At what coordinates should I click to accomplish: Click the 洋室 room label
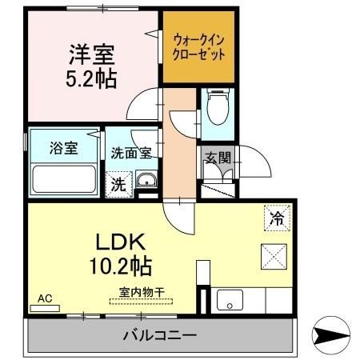click(92, 55)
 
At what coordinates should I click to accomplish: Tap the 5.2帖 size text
click(91, 79)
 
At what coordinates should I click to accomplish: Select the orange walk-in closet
click(198, 46)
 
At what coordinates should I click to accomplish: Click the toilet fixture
click(218, 107)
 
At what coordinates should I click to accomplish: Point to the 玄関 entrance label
click(218, 158)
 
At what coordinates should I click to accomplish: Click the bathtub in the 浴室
click(64, 179)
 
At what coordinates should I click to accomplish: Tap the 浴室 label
click(64, 148)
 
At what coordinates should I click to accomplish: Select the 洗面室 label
click(131, 153)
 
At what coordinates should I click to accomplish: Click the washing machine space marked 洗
click(119, 184)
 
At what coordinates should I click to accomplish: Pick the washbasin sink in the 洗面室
click(146, 181)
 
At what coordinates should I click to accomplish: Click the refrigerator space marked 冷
click(277, 218)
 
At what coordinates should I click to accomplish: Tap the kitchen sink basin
click(230, 300)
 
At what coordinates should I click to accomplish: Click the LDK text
click(121, 242)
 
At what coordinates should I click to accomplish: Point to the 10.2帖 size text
click(121, 266)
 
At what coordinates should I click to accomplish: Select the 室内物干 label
click(142, 292)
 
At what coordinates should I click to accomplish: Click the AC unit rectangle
click(45, 308)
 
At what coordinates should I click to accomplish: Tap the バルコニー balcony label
click(160, 335)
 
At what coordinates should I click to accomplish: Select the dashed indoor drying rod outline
click(141, 302)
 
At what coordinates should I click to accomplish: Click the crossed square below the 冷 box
click(274, 257)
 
